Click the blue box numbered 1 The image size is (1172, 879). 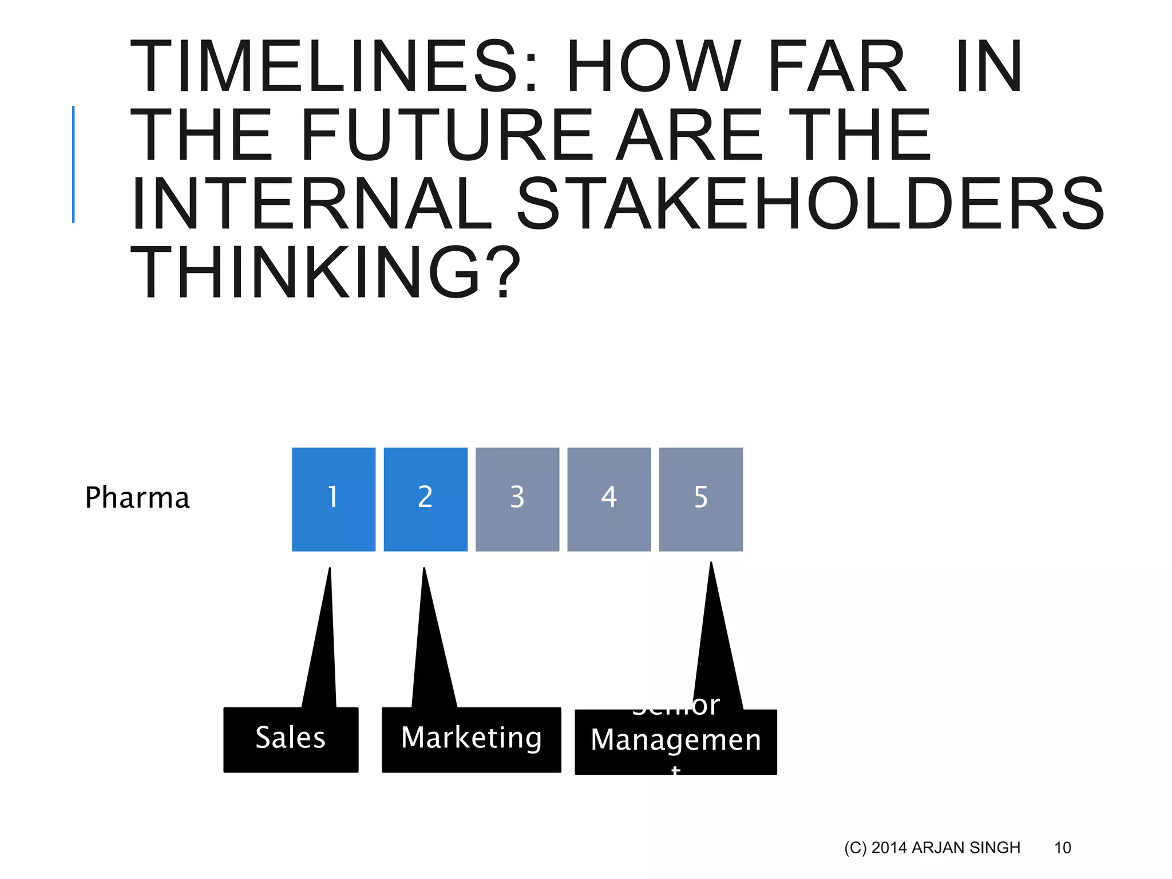coord(334,499)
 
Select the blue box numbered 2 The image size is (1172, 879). coord(425,499)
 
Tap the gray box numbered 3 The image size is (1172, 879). coord(517,499)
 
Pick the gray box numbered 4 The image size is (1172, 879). coord(609,499)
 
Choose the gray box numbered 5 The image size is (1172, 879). coord(701,499)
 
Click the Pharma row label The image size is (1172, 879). coord(137,498)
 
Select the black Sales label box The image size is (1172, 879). coord(291,739)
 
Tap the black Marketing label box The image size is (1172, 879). coord(471,739)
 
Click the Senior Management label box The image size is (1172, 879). coord(675,742)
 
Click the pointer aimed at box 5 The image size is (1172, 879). coord(715,647)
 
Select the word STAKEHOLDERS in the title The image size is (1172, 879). coord(810,204)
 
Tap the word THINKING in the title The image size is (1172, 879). coord(325,273)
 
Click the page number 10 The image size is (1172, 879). coord(1062,848)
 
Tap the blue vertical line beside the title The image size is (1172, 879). coord(73,164)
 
